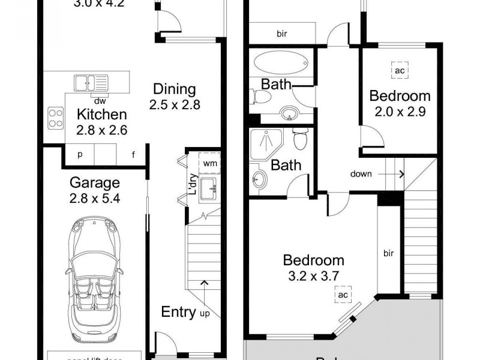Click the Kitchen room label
pos(101,114)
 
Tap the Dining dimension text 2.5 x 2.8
pos(174,104)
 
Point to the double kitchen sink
pos(91,82)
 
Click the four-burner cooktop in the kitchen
pos(56,117)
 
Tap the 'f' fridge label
pos(133,155)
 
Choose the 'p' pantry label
pos(80,155)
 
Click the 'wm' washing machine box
pos(210,163)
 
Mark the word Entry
pos(178,312)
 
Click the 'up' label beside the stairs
pos(204,313)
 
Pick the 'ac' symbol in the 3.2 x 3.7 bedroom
pos(342,295)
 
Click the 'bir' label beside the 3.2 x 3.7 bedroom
pos(388,253)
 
